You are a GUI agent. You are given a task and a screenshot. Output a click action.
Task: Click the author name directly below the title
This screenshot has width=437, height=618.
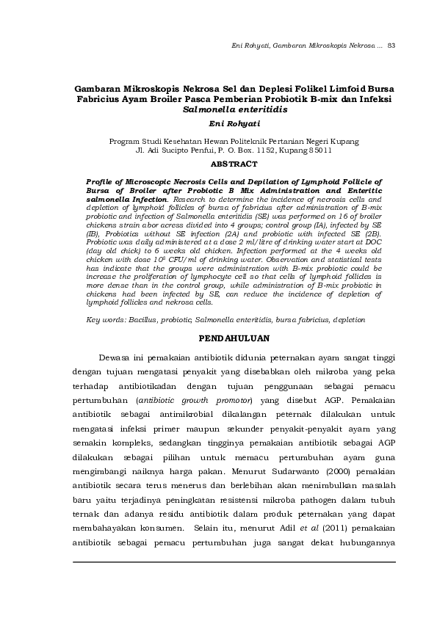[x=234, y=124]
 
